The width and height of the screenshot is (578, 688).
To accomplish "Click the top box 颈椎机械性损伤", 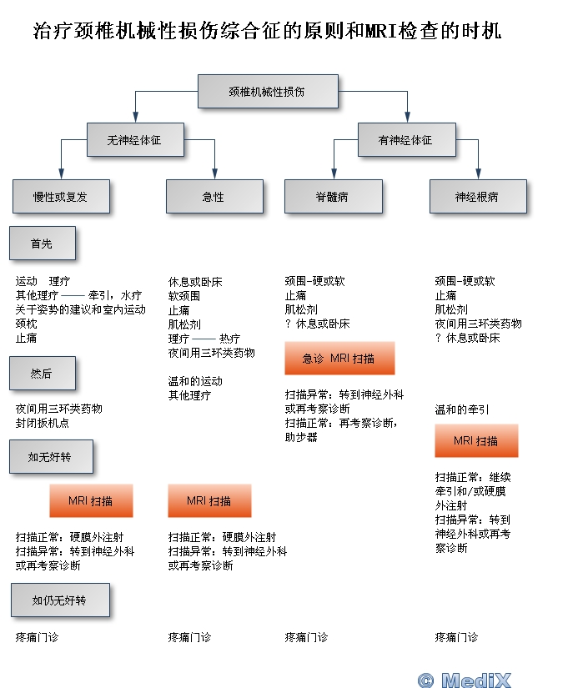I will point(268,91).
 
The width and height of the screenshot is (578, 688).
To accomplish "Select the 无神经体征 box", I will point(135,139).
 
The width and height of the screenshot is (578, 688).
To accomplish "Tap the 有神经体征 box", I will point(406,139).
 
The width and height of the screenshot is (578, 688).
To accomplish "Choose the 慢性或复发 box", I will point(61,197).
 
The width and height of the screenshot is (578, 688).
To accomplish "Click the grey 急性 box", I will point(214,197).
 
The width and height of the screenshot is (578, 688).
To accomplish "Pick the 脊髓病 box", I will point(333,197).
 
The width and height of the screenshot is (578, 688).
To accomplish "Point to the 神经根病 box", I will point(478,197).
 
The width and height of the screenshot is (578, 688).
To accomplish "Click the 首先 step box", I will point(42,244).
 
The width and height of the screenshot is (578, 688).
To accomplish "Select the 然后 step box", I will point(42,373).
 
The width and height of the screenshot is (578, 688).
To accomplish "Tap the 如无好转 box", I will point(51,457).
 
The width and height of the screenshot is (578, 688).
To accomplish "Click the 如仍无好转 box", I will point(59,600).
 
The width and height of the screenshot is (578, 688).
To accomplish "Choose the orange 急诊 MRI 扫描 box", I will point(339,359).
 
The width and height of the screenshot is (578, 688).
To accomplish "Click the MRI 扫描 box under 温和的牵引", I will point(476,440).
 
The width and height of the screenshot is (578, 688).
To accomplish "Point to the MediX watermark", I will point(465,679).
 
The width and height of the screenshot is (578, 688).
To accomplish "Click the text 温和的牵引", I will point(462,409).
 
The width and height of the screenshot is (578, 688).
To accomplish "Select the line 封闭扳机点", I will point(43,423).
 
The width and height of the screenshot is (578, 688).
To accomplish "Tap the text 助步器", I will point(301,436).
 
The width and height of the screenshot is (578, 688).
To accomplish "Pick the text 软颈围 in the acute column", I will point(184,296).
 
